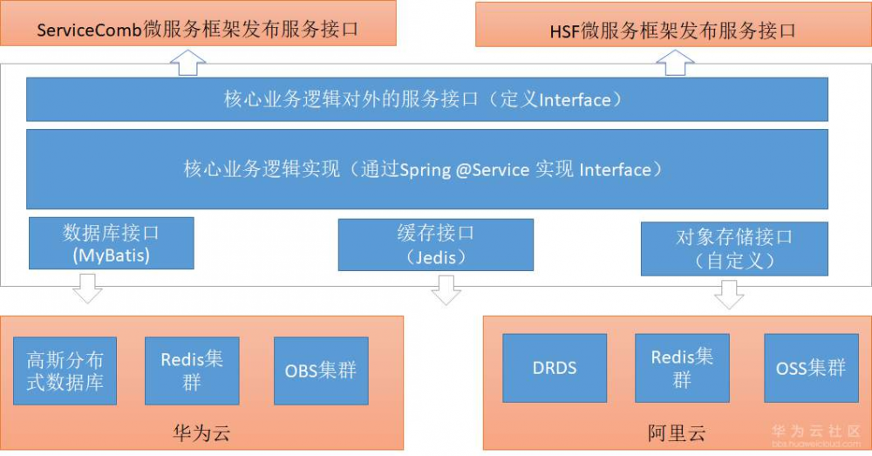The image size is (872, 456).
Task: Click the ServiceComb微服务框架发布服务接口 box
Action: point(197,25)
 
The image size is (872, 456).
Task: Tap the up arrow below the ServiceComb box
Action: point(187,62)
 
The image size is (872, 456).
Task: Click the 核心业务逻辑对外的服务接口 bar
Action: point(426,99)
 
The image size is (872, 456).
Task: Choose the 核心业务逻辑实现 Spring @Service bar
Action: point(426,169)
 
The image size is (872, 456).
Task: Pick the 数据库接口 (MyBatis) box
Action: point(111,243)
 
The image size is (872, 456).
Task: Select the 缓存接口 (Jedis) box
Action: point(435,244)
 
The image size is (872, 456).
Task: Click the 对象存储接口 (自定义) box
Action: point(734,248)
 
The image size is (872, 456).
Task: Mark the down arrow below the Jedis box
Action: point(446,289)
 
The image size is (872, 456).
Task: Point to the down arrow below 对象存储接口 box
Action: point(729,294)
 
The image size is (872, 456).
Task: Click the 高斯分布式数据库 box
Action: point(65,371)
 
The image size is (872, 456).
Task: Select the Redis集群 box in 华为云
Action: point(192,371)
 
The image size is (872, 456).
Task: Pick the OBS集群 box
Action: point(320,371)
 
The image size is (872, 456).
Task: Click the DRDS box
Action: point(555,367)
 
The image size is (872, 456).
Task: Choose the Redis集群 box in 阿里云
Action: point(682,367)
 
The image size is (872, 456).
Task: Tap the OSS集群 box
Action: point(810,367)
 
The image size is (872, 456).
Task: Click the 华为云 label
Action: point(201,432)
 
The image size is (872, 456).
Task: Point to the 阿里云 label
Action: point(676,432)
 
